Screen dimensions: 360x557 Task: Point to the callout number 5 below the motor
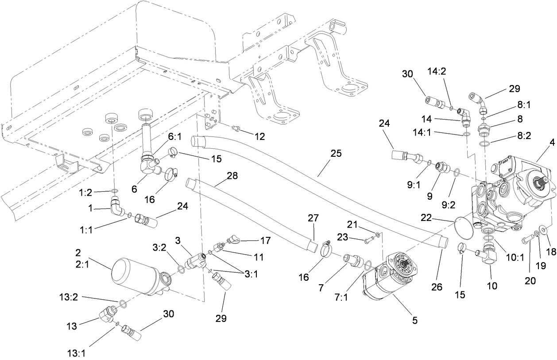point(414,319)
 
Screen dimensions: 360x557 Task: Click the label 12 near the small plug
point(259,137)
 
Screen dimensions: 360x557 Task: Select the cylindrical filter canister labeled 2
point(133,277)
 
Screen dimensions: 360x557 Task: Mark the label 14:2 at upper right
point(437,72)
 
